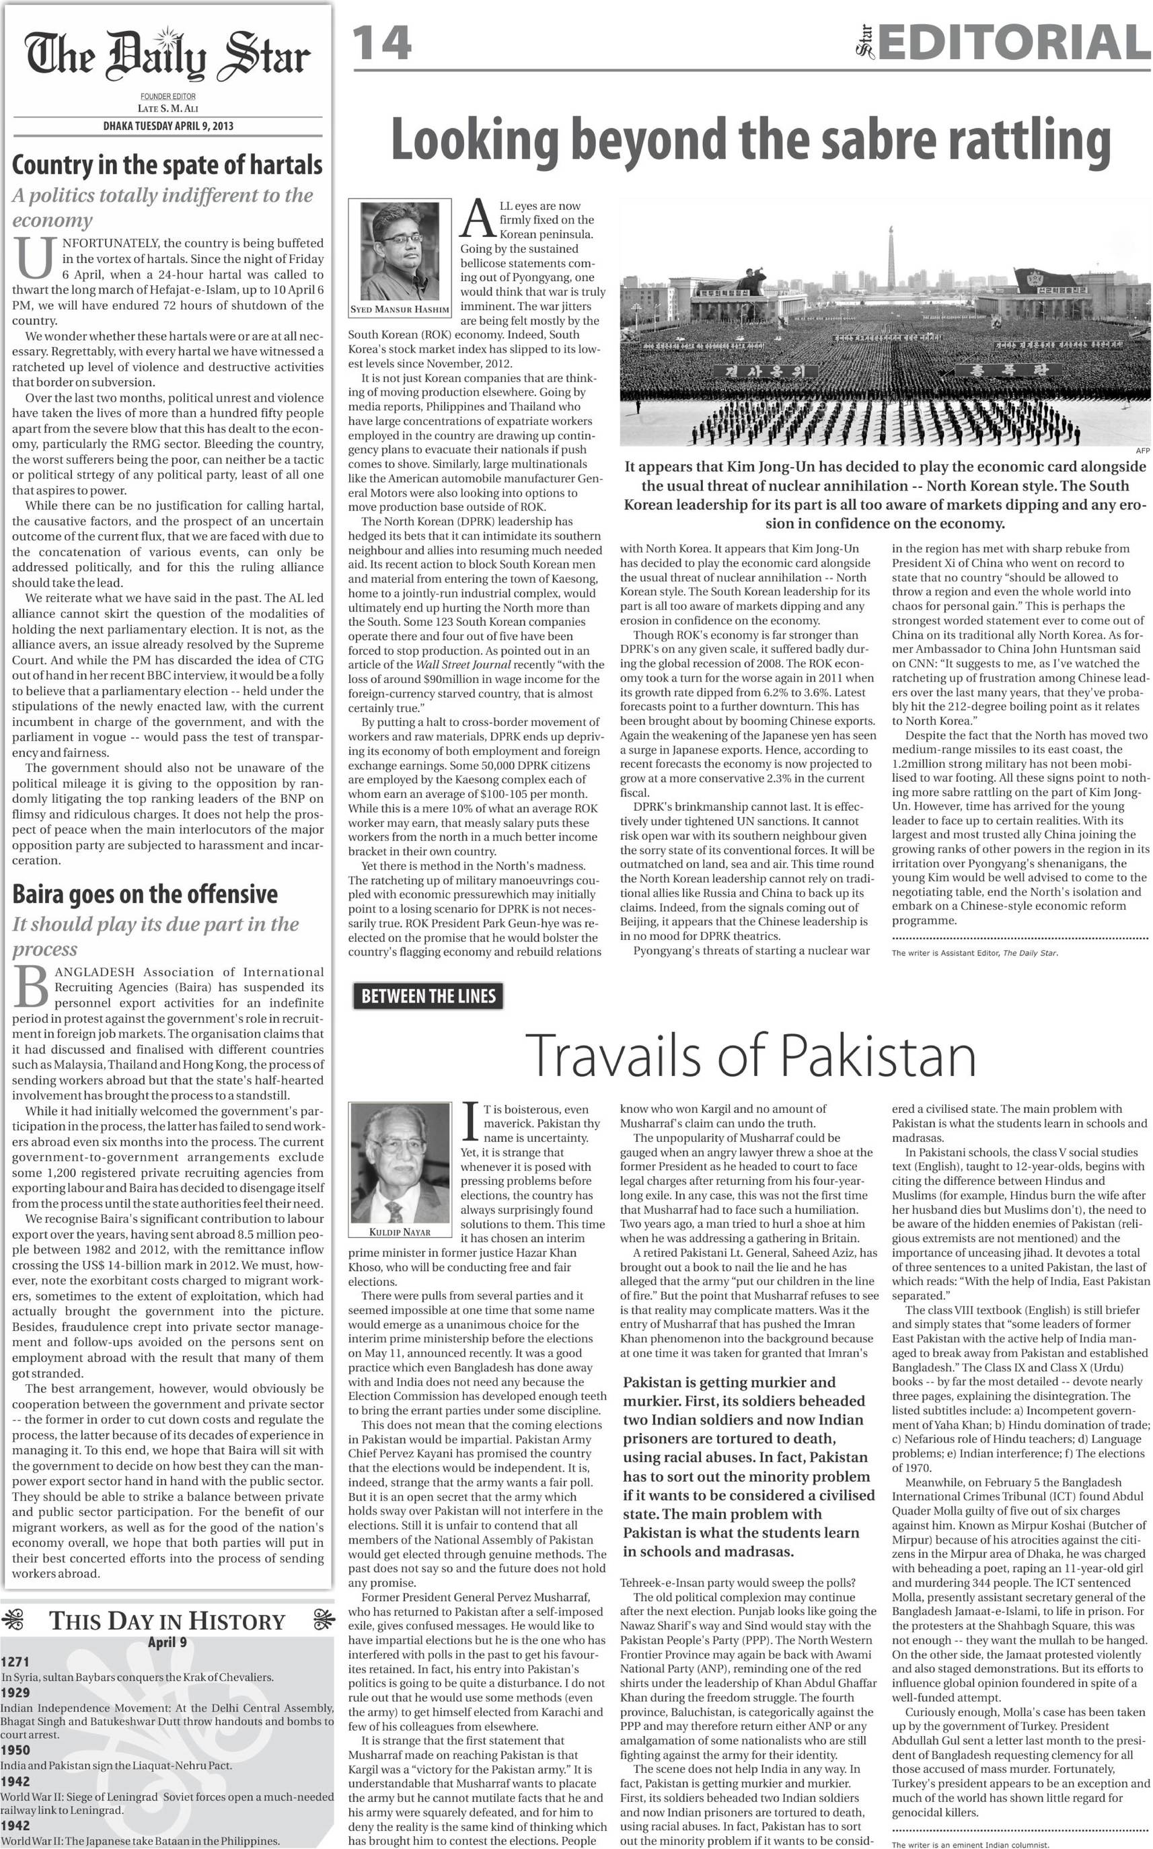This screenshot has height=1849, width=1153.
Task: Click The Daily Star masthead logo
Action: point(167,57)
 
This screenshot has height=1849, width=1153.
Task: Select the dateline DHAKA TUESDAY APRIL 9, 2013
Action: point(169,126)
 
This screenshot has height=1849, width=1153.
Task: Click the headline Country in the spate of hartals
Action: point(167,164)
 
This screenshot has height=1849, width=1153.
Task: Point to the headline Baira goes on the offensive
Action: point(145,894)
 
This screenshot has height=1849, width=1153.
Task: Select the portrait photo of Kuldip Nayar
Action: point(400,1163)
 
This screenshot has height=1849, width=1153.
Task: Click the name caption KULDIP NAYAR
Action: point(400,1232)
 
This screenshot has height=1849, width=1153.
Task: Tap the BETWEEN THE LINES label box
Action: point(428,996)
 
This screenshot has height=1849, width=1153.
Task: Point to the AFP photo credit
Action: point(1142,451)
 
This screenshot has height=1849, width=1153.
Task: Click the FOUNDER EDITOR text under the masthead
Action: point(168,97)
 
